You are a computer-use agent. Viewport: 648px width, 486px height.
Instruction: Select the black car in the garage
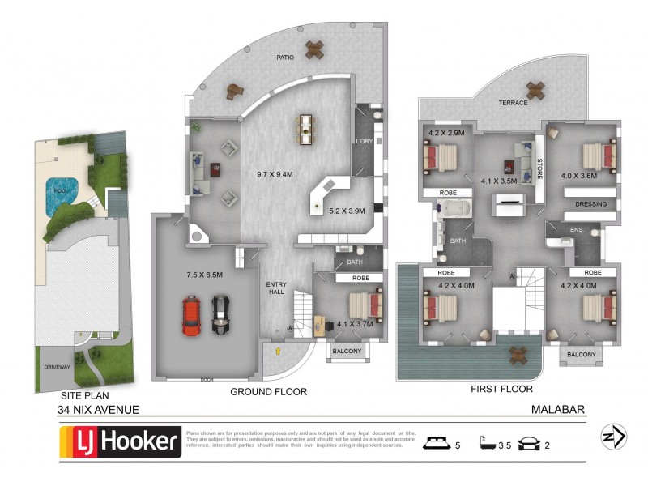tap(221, 315)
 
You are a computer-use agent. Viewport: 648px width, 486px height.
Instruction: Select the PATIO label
tap(284, 58)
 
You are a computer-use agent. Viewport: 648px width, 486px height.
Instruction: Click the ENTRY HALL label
tap(277, 288)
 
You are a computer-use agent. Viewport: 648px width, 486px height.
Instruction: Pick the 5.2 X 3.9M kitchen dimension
tap(348, 211)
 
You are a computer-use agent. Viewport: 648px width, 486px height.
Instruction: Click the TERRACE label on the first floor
tap(513, 103)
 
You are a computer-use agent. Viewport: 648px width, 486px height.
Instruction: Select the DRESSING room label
tap(590, 205)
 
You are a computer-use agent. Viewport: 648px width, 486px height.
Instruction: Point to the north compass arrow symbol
tap(612, 437)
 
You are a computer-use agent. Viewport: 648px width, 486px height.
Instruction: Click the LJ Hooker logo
tap(120, 442)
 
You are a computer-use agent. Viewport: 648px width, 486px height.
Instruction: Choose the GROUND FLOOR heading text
tap(269, 391)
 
